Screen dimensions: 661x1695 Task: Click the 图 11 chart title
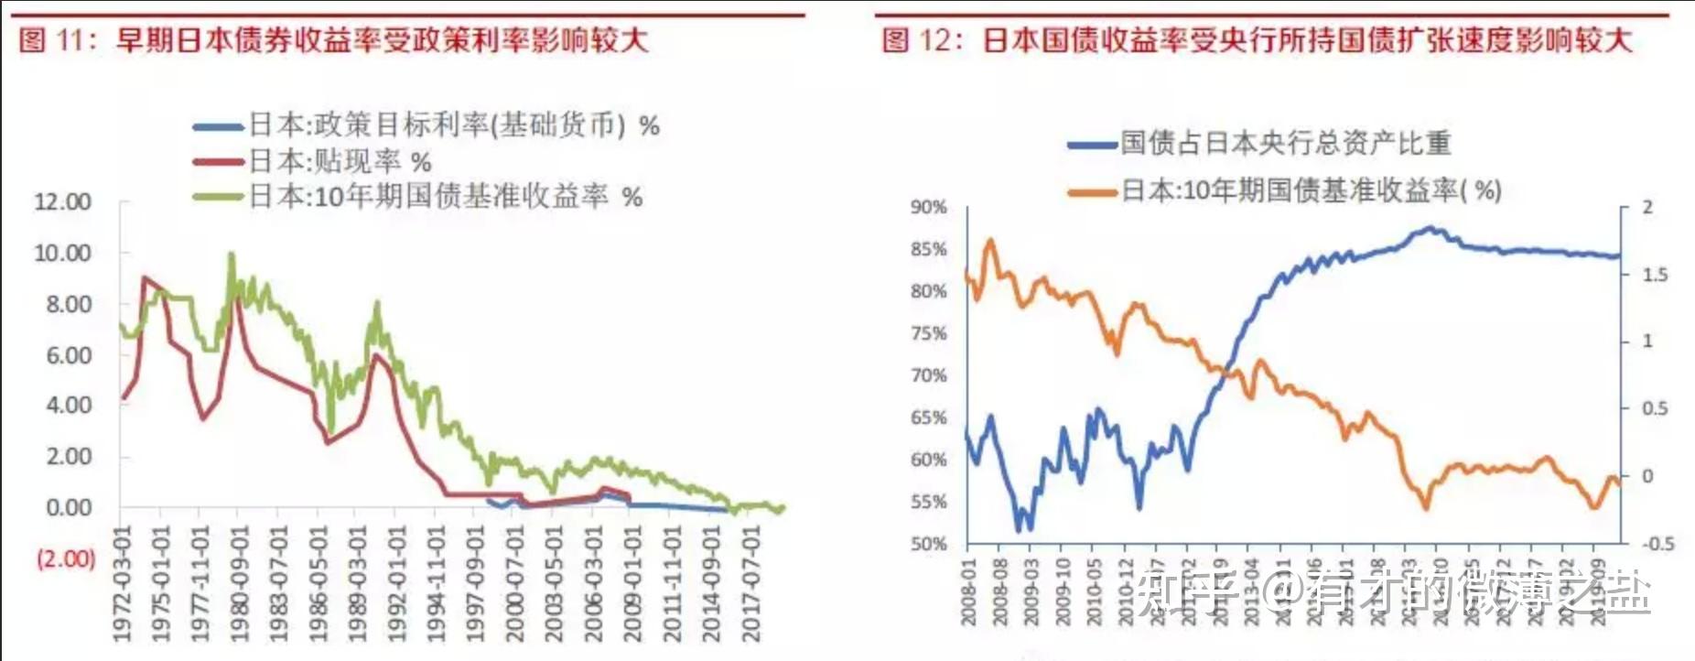[x=334, y=39]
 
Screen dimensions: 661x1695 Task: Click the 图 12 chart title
[x=1256, y=39]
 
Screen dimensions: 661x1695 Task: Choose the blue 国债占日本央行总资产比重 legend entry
[x=1259, y=143]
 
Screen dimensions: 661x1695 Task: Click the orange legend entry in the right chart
[x=1285, y=190]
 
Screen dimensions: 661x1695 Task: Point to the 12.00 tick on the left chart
[x=63, y=201]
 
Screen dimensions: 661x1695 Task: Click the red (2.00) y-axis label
[x=66, y=558]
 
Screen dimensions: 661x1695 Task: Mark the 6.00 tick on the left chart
[x=69, y=354]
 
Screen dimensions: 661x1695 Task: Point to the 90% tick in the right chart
[x=928, y=208]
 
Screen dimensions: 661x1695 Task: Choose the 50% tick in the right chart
[x=928, y=544]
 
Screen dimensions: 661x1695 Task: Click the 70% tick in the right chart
[x=928, y=375]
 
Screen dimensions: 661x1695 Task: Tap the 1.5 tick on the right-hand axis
[x=1655, y=275]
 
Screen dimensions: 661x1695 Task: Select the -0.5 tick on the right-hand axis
[x=1657, y=544]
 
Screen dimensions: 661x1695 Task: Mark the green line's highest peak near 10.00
[x=232, y=255]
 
